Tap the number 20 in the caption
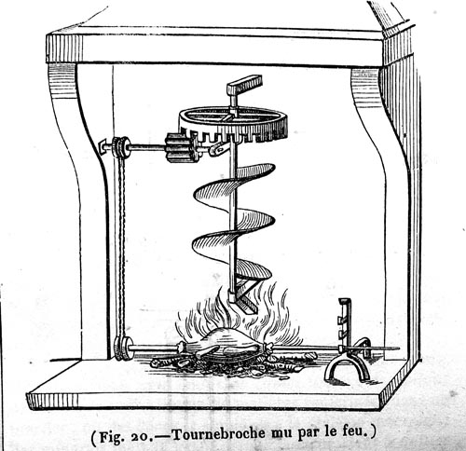tap(142, 436)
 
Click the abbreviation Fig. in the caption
tap(113, 436)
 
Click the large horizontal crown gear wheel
tap(233, 124)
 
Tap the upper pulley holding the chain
tap(120, 147)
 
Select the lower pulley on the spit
tap(122, 348)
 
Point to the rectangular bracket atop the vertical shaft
tap(244, 85)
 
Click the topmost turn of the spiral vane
tap(254, 171)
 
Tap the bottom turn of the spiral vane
tap(253, 269)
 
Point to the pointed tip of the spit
tap(399, 348)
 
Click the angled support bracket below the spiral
tap(245, 295)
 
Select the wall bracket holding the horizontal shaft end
tap(103, 146)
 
